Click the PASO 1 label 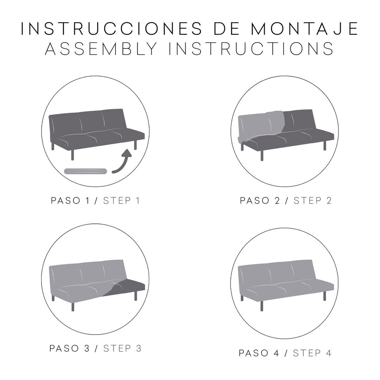click(71, 201)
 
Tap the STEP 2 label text click(312, 201)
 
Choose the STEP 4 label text click(312, 353)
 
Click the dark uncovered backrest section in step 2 click(299, 120)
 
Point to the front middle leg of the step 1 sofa click(73, 154)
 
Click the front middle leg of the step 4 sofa click(262, 306)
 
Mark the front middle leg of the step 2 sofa click(262, 155)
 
